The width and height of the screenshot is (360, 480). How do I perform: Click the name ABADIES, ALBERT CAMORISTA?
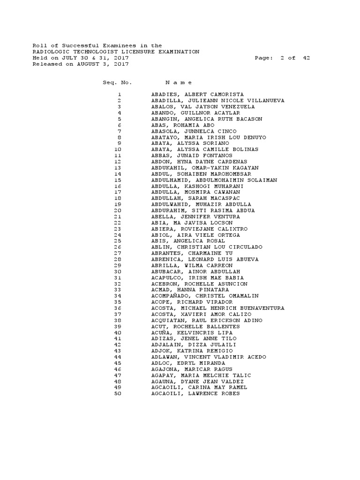[x=197, y=95]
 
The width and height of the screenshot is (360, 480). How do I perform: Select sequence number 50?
[x=118, y=394]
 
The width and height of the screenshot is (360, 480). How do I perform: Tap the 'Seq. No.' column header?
[x=117, y=82]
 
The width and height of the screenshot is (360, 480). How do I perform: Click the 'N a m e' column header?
[x=179, y=82]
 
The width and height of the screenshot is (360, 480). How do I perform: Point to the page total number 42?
[x=306, y=58]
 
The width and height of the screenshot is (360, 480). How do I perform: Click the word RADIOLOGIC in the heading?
[x=50, y=52]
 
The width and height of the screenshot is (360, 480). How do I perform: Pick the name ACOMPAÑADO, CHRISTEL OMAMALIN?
[x=205, y=296]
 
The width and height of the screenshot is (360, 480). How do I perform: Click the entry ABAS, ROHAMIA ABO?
[x=182, y=125]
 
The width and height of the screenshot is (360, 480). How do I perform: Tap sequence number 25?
[x=118, y=241]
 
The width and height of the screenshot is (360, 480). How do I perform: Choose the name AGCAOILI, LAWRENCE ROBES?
[x=195, y=394]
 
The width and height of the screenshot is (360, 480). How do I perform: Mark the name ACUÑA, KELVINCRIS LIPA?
[x=192, y=333]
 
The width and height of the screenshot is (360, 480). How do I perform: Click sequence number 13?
[x=118, y=168]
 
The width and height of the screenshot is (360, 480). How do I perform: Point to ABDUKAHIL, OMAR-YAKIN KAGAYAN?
[x=204, y=168]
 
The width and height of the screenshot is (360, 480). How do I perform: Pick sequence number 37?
[x=118, y=315]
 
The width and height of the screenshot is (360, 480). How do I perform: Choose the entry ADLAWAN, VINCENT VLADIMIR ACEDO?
[x=209, y=357]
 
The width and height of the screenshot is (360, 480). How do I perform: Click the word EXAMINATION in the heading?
[x=178, y=52]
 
